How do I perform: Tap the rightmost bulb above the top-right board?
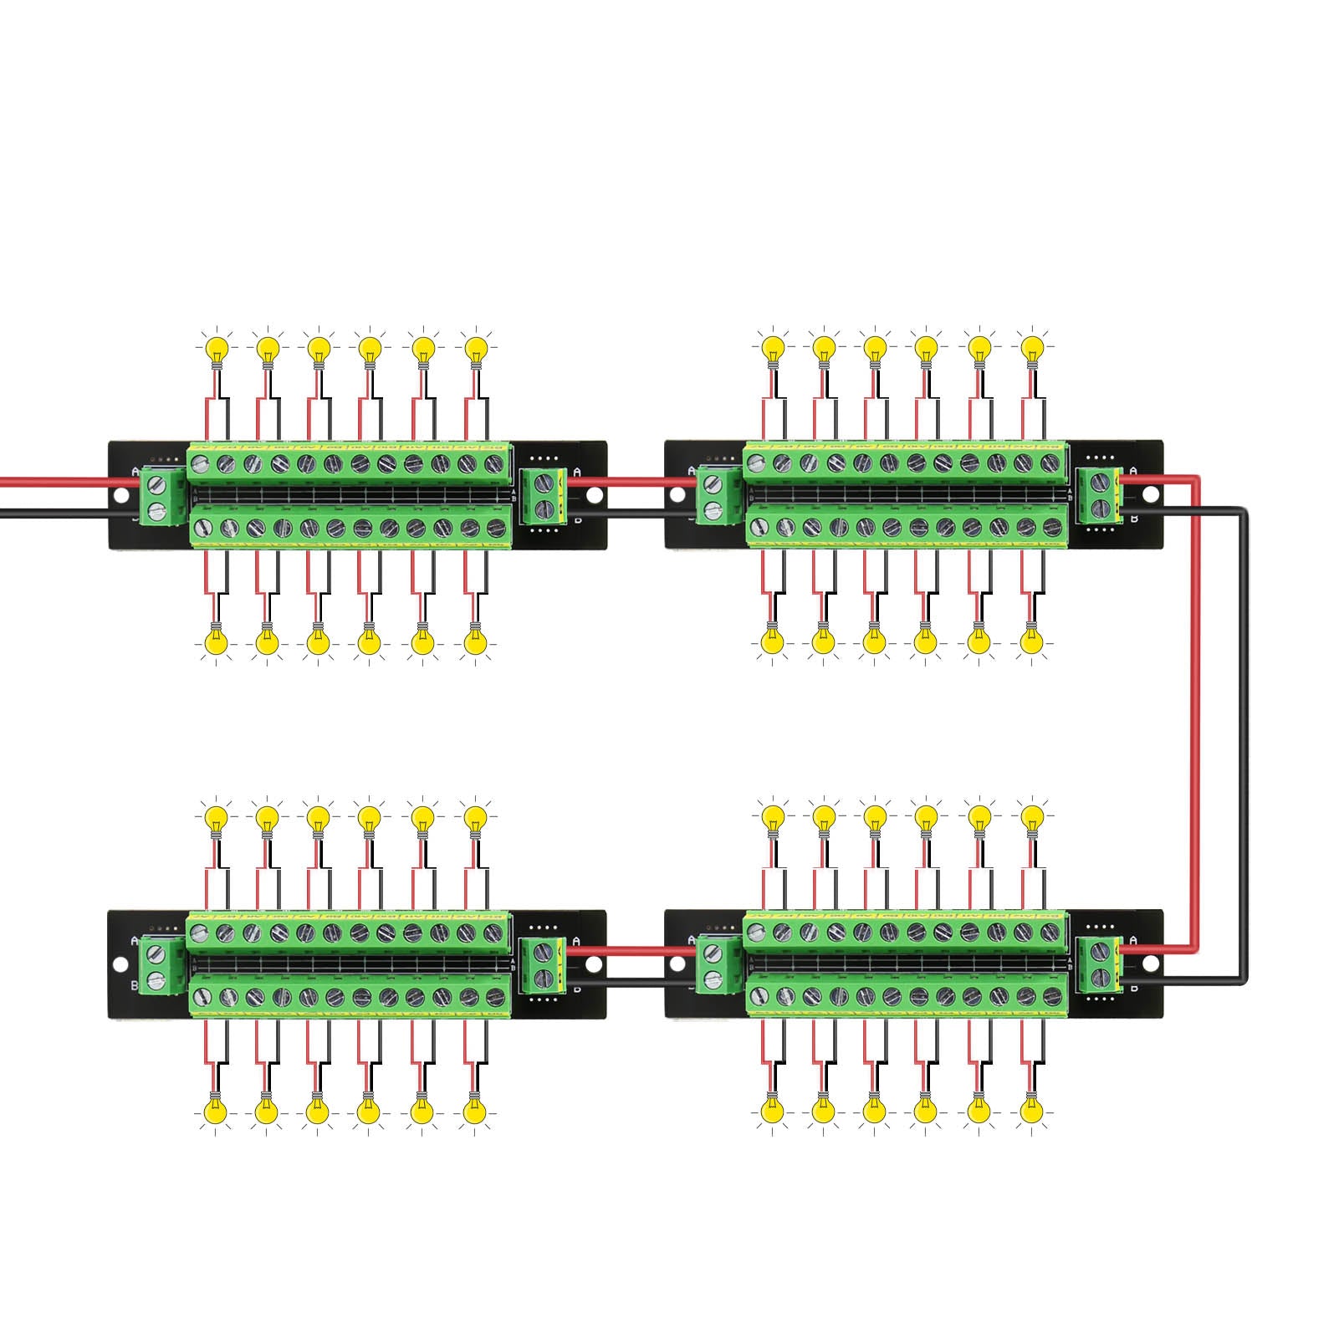[1033, 346]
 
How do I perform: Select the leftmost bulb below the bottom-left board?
[216, 1112]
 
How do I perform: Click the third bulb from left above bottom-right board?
[875, 815]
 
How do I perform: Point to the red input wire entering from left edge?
[50, 483]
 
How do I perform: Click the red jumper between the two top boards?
[636, 481]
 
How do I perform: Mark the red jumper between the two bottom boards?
[636, 950]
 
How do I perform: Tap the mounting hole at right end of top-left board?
[594, 496]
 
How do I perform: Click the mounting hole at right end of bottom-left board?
[594, 964]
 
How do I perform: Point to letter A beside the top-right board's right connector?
[1133, 472]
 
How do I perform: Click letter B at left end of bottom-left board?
[135, 985]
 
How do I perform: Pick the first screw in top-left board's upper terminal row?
[201, 463]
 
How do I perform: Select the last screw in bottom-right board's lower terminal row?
[1050, 996]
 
